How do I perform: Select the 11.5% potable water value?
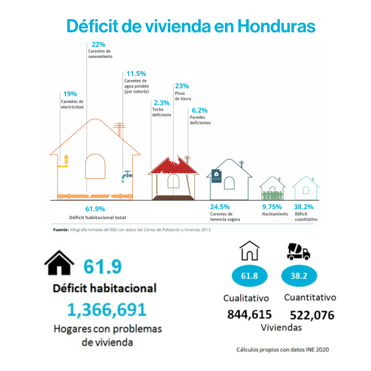pos(133,74)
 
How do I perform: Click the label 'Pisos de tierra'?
pos(183,96)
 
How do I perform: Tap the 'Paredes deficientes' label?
pos(200,120)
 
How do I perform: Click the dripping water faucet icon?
pos(126,176)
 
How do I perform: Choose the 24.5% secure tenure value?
pos(220,207)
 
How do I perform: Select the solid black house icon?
pos(59,264)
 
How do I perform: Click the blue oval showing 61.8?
pos(249,276)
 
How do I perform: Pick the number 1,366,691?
pos(107,310)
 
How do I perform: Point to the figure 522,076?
pos(312,315)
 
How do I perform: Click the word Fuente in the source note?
pos(61,230)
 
